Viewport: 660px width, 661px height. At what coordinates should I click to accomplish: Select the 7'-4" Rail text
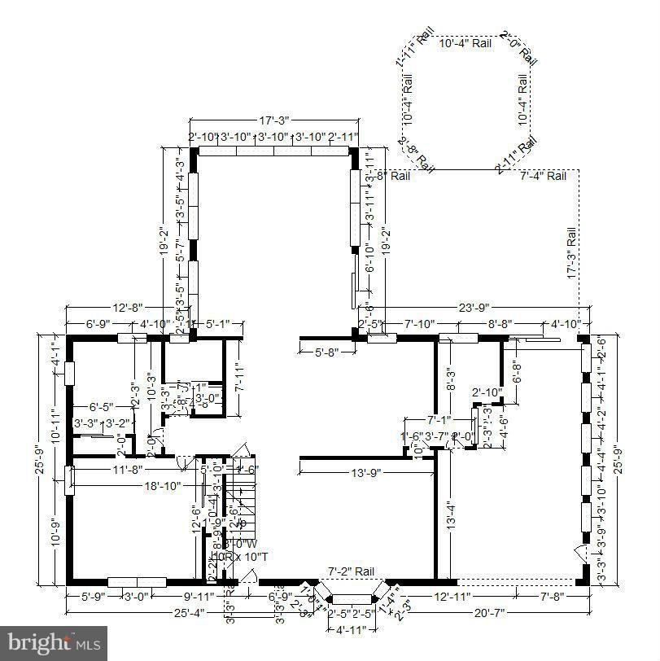click(544, 175)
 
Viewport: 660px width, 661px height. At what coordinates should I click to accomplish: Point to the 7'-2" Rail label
click(352, 571)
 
